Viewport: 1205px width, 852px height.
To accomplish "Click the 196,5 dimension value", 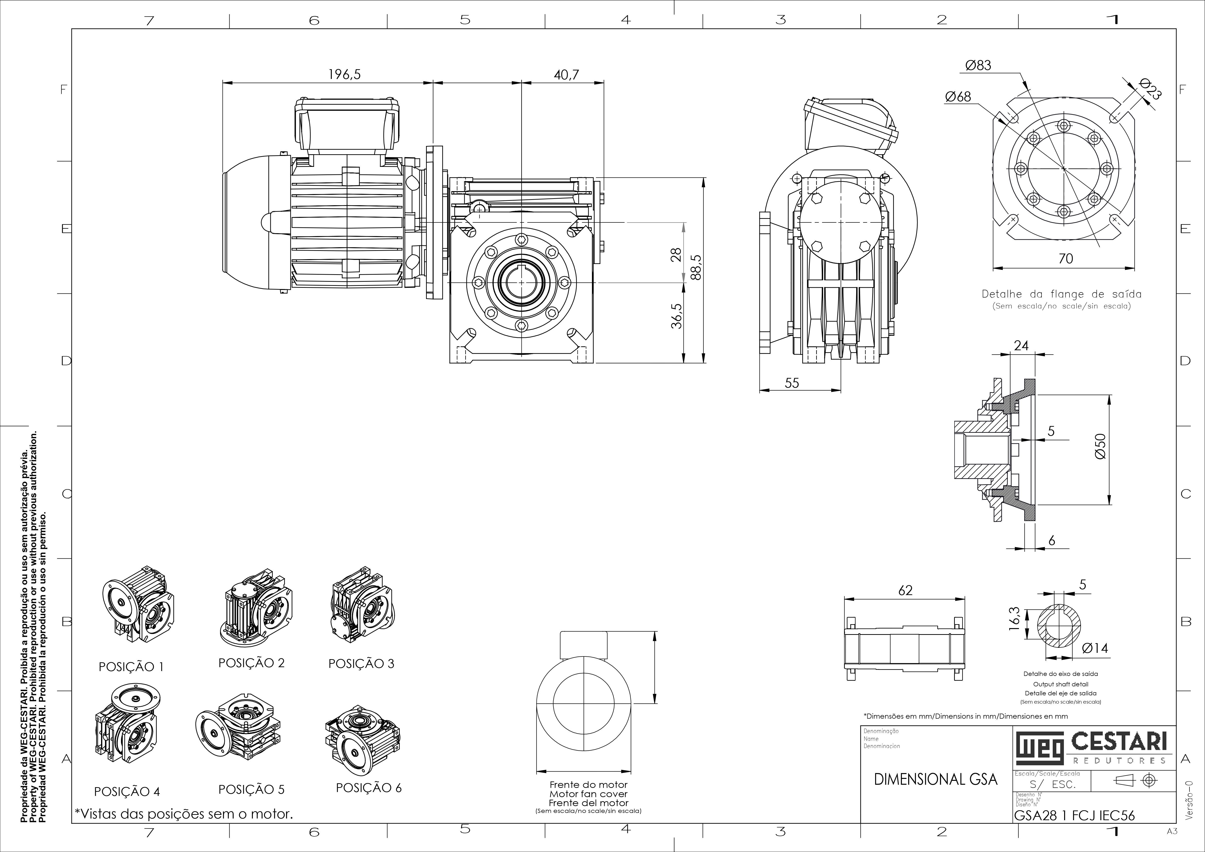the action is pyautogui.click(x=345, y=75).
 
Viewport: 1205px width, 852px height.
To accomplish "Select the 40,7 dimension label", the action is pyautogui.click(x=566, y=75).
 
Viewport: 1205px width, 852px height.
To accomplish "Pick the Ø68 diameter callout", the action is pyautogui.click(x=958, y=96).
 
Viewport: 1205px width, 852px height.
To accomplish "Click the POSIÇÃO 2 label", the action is pyautogui.click(x=251, y=663).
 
